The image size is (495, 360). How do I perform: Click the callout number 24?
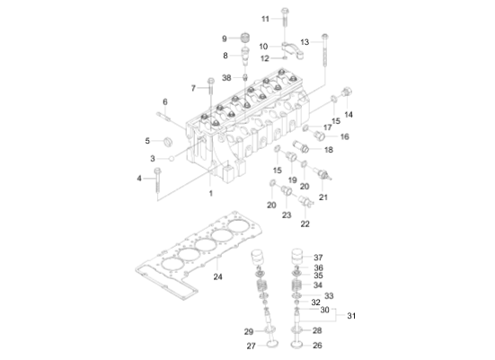(x=217, y=277)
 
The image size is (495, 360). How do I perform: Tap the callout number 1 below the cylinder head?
(x=210, y=193)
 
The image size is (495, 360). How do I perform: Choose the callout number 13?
(x=304, y=41)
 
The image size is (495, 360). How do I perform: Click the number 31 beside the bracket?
(x=351, y=314)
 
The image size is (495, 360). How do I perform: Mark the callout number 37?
(x=318, y=257)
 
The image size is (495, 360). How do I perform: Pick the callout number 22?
(x=305, y=224)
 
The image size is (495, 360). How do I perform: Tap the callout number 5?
(x=148, y=141)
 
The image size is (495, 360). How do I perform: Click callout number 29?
(x=249, y=331)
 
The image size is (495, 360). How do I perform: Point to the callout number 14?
(x=349, y=115)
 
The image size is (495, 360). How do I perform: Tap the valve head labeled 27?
(x=271, y=345)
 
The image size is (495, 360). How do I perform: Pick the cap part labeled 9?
(x=242, y=38)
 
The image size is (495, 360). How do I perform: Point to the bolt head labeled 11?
(x=284, y=12)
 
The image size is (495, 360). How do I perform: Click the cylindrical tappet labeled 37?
(x=296, y=258)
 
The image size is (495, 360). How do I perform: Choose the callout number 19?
(x=292, y=180)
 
